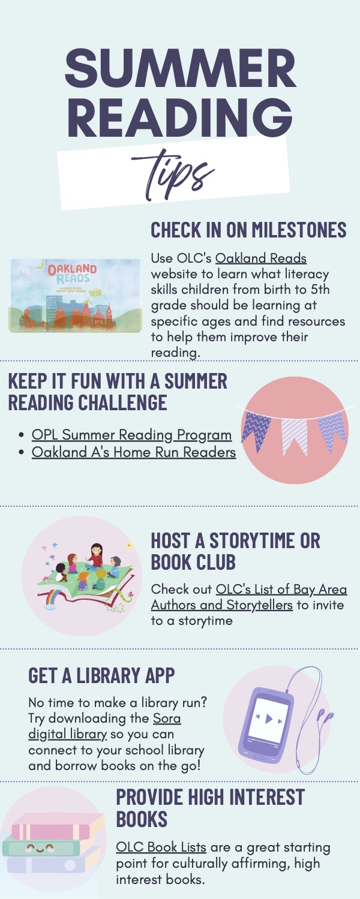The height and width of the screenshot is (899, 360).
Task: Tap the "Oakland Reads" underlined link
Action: tap(261, 258)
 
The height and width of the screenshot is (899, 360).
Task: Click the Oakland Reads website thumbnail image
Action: tap(75, 296)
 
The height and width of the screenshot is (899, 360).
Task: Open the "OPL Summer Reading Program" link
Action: tap(131, 435)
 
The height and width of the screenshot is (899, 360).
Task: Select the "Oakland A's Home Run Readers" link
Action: tap(134, 452)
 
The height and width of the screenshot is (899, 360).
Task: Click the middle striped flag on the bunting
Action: tap(295, 437)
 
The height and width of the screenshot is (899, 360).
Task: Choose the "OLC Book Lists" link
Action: tap(161, 847)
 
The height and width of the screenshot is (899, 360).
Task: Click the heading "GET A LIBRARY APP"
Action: tap(101, 675)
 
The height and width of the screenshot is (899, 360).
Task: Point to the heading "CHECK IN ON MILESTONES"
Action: tap(248, 230)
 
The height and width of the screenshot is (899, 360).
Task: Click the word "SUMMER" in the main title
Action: tap(181, 68)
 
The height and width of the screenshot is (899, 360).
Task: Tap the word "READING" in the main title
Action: tap(180, 117)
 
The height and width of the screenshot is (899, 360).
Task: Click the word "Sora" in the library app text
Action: tap(167, 718)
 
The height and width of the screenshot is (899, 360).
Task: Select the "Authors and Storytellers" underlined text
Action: tap(221, 605)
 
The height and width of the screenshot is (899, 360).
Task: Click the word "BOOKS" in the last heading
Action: tap(142, 819)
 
